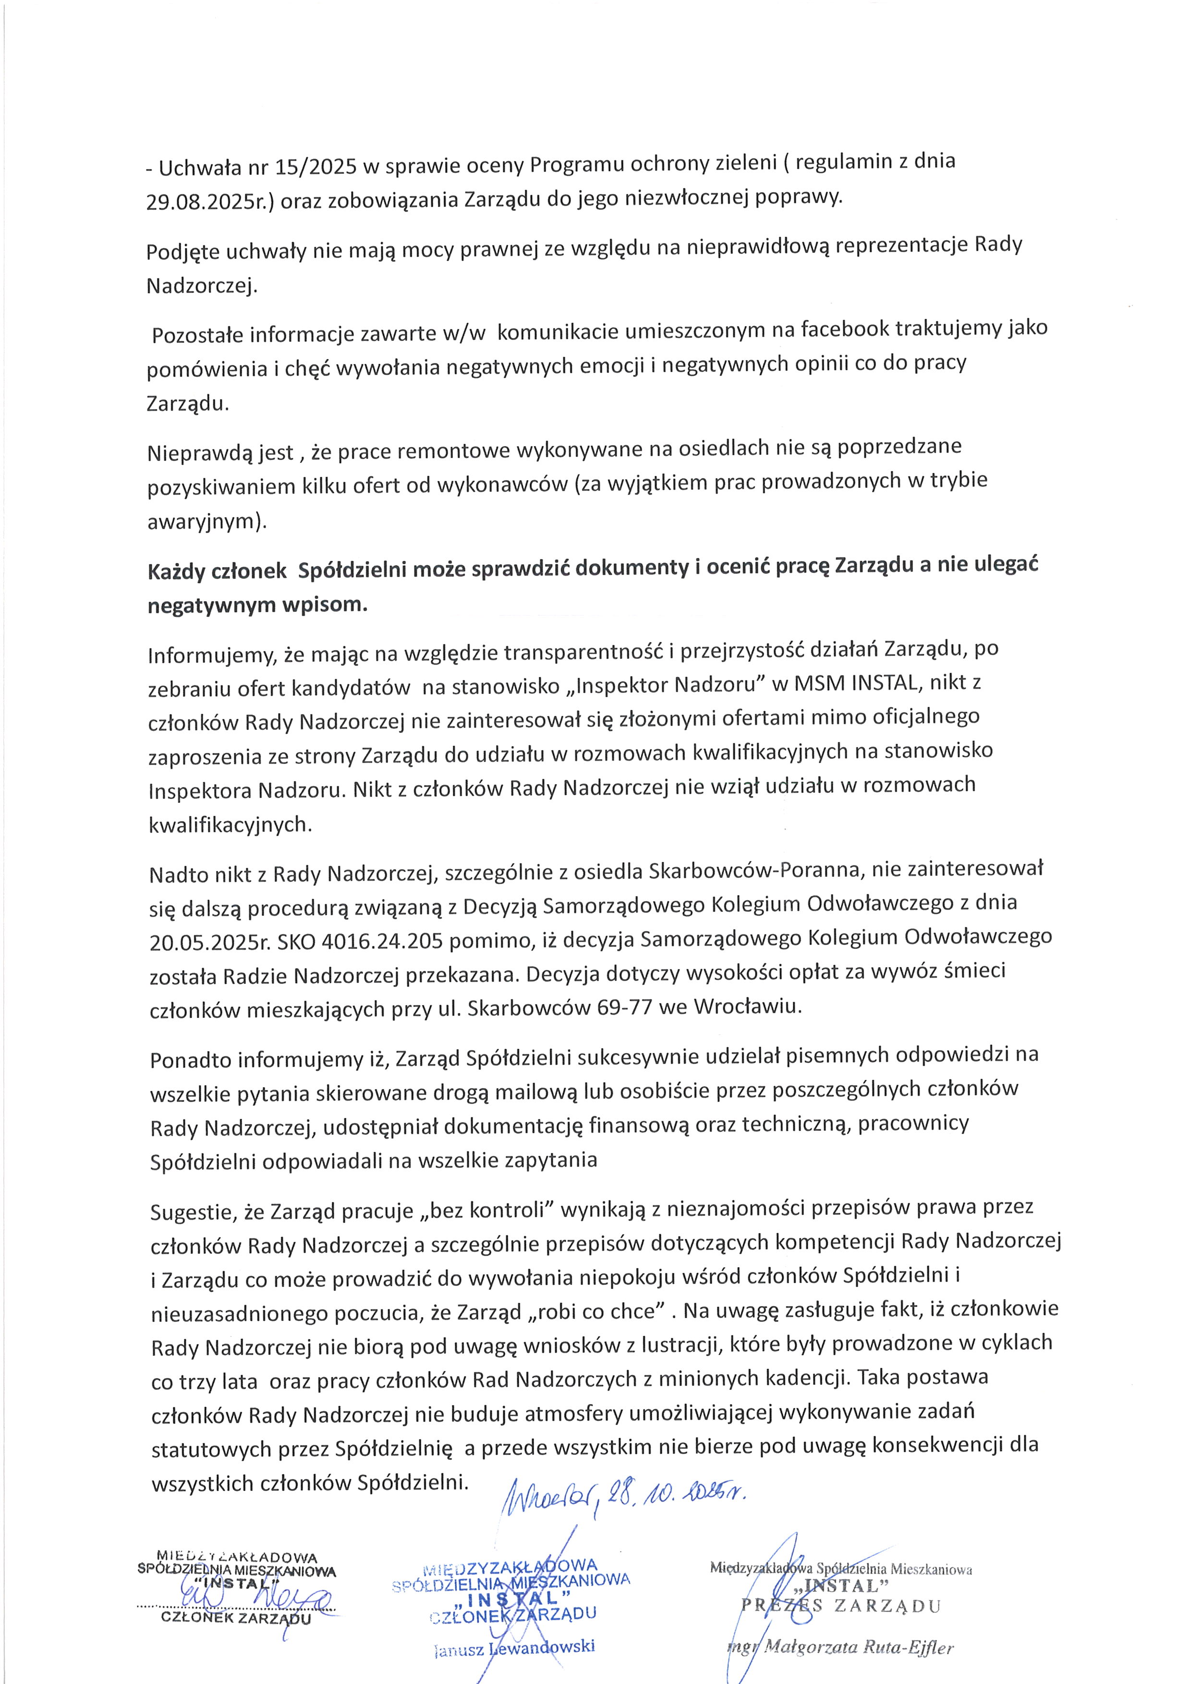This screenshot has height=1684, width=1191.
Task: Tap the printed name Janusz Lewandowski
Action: click(x=514, y=1647)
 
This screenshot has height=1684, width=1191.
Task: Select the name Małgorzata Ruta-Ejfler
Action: click(x=858, y=1648)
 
